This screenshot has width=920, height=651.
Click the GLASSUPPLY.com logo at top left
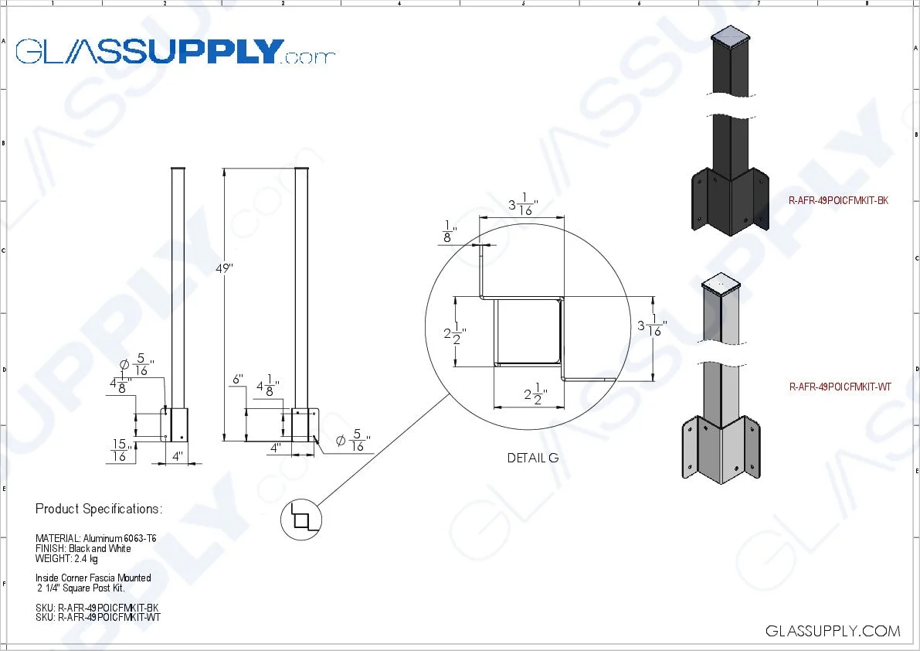click(175, 51)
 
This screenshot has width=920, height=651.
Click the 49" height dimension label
click(224, 268)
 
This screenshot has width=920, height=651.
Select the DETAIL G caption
click(532, 458)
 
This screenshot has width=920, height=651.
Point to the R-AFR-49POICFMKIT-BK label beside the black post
click(838, 200)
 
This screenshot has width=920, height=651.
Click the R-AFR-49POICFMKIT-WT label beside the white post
click(840, 387)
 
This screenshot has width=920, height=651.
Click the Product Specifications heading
click(99, 509)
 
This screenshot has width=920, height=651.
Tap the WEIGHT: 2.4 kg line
click(66, 558)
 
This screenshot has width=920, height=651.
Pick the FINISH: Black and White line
click(83, 548)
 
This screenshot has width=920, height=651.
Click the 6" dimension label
click(237, 380)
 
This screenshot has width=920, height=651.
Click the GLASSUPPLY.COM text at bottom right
click(832, 631)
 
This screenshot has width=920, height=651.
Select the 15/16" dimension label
click(120, 450)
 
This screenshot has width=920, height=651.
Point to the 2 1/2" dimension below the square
click(532, 396)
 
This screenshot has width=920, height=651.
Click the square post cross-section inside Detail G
click(528, 332)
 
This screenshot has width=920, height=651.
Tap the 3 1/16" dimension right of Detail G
click(651, 326)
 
